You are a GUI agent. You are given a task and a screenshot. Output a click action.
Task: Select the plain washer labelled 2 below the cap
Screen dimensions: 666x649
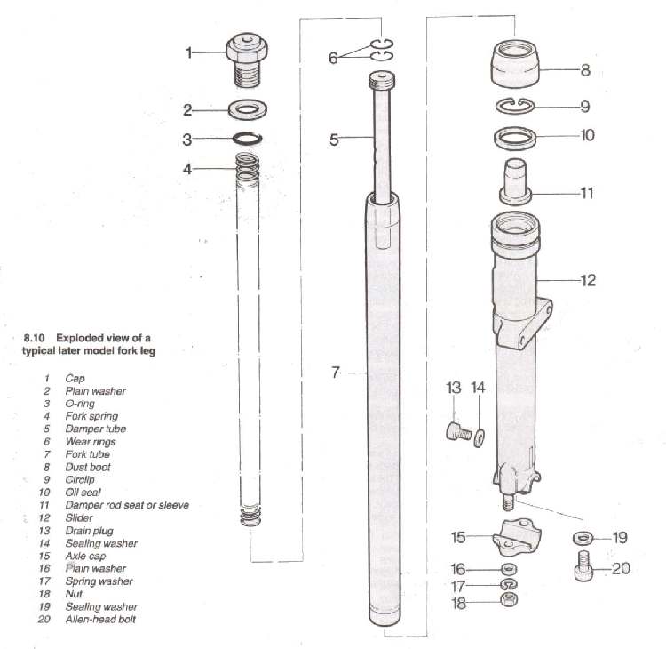pyautogui.click(x=248, y=109)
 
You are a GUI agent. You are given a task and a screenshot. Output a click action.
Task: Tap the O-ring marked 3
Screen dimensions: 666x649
pyautogui.click(x=247, y=138)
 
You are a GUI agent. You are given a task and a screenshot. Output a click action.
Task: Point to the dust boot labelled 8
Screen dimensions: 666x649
pyautogui.click(x=515, y=64)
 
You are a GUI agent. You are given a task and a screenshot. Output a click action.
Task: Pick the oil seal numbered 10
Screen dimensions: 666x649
pyautogui.click(x=515, y=138)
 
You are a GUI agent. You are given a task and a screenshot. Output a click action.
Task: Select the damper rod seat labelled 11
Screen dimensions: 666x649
pyautogui.click(x=515, y=181)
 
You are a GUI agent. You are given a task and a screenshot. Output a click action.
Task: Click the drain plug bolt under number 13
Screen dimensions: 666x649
pyautogui.click(x=458, y=432)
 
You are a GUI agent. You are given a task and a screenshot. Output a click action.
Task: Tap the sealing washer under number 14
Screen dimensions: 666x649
pyautogui.click(x=479, y=436)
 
